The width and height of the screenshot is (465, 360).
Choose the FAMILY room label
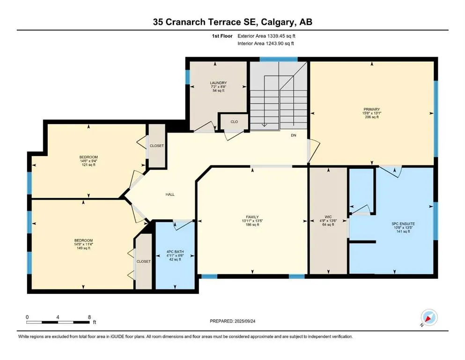click(x=252, y=217)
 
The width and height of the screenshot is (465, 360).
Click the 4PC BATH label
click(x=176, y=252)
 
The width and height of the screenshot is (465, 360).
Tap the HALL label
click(x=170, y=195)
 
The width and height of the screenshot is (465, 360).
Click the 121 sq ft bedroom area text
click(x=89, y=165)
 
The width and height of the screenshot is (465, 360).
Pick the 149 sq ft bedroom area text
click(x=82, y=248)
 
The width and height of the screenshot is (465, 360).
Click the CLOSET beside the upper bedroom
click(x=157, y=146)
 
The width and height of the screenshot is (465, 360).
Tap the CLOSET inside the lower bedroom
click(x=144, y=261)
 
